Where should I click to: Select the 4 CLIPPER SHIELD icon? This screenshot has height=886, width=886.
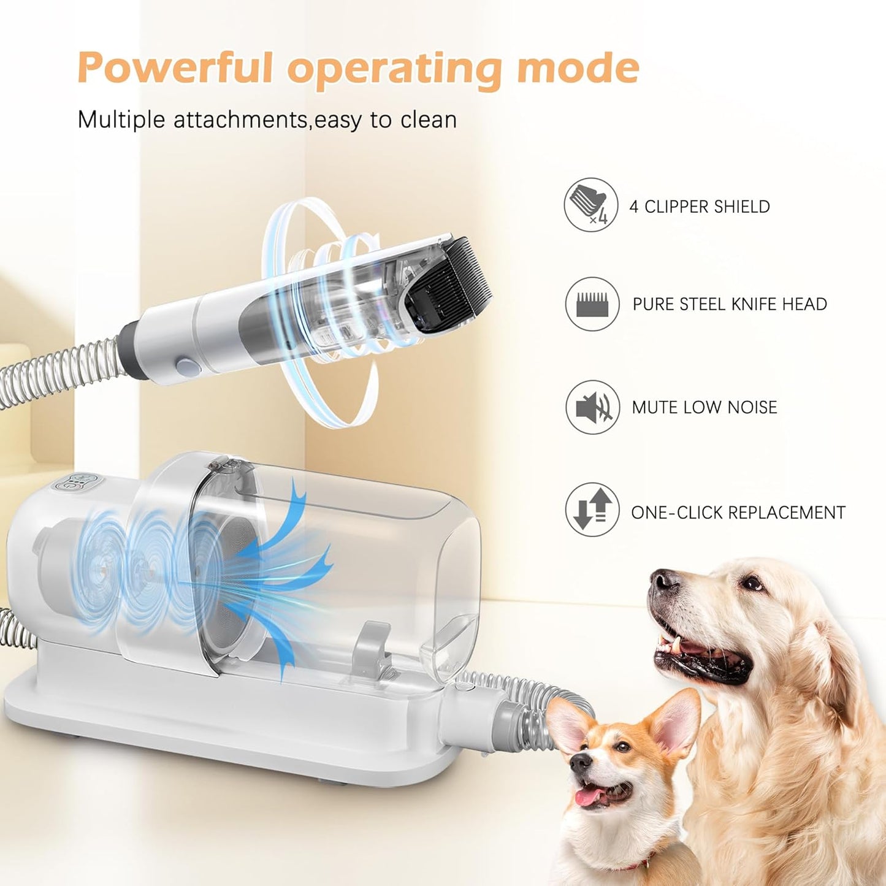click(x=591, y=205)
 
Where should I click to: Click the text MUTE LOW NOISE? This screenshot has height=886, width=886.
click(x=705, y=407)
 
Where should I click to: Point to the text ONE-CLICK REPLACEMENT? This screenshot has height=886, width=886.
click(x=738, y=513)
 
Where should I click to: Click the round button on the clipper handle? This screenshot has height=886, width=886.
click(x=185, y=368)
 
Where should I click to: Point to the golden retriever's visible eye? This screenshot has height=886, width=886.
click(x=750, y=584)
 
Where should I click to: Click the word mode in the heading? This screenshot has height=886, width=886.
click(x=578, y=67)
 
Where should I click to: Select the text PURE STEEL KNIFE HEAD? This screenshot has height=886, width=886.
click(x=730, y=304)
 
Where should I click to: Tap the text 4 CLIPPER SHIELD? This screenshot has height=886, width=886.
click(x=700, y=207)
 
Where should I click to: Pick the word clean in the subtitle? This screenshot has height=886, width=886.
click(x=429, y=120)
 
